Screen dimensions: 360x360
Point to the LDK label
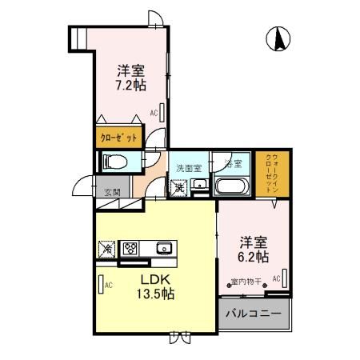coord(157,279)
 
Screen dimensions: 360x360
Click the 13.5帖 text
coord(157,294)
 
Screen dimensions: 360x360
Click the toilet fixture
coord(112,161)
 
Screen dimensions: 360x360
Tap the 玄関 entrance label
coord(112,192)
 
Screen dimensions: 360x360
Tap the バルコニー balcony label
coord(253,314)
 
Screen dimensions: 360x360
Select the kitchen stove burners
coord(130,247)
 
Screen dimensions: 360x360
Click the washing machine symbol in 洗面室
coord(179,187)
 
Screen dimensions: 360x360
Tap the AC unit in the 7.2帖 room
coord(162,112)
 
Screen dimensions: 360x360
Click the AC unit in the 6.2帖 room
coord(284,279)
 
